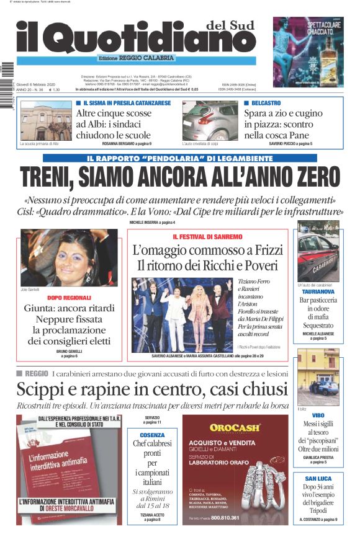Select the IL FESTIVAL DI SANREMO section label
[207, 238]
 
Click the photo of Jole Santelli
[69, 257]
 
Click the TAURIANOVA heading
[318, 291]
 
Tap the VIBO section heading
[318, 415]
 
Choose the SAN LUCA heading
[318, 479]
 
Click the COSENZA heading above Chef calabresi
[152, 435]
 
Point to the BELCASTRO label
[265, 102]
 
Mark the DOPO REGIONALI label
[68, 298]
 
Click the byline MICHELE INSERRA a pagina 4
[152, 222]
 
